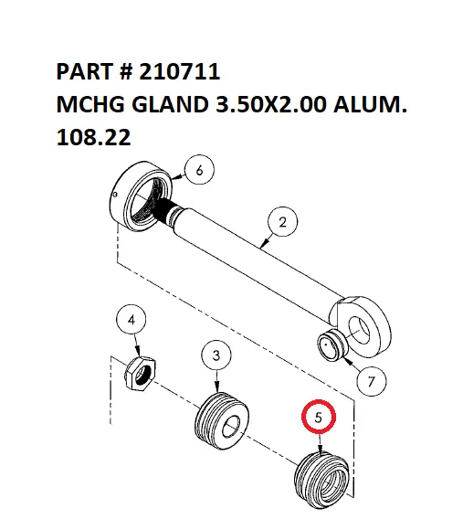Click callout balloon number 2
pyautogui.click(x=283, y=221)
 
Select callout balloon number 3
pyautogui.click(x=216, y=355)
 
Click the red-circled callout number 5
pyautogui.click(x=319, y=418)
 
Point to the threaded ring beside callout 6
pyautogui.click(x=142, y=197)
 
